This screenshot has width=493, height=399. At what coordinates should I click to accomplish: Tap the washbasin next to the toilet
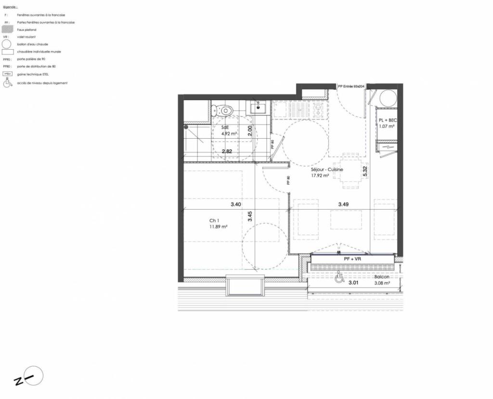coord(259,106)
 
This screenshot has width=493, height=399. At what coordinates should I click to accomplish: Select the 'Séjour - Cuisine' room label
coord(327,170)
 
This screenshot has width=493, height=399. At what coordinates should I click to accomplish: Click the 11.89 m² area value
coord(218,226)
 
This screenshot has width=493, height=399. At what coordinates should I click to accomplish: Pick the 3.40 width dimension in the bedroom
coord(235,204)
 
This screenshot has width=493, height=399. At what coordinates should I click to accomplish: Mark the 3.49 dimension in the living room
coord(343,204)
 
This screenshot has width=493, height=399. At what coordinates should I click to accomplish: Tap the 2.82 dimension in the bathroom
coord(227,151)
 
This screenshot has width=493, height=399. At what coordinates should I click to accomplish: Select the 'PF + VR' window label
coord(352,259)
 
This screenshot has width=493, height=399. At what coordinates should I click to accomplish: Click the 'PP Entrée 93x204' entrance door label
coord(351,86)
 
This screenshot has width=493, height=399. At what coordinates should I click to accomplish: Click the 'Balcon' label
coord(382,277)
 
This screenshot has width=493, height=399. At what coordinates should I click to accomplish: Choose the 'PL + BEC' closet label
coord(387,120)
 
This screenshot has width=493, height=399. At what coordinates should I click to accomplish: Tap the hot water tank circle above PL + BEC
coord(388,98)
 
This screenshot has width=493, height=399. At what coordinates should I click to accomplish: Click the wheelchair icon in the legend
coord(7,83)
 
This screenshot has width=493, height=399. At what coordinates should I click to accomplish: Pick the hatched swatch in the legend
coord(7,30)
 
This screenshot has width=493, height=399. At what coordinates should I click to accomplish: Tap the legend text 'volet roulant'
coord(26,37)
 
